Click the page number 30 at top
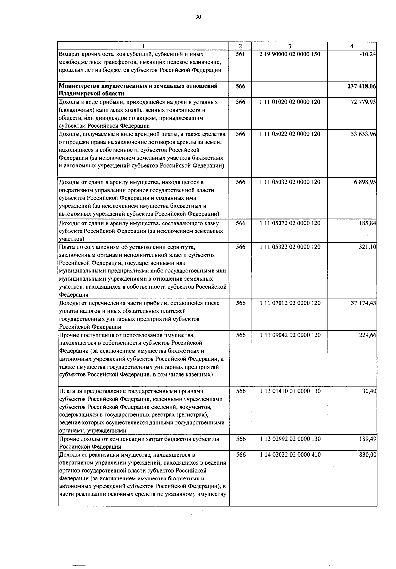coord(198,17)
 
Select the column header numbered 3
coord(289,46)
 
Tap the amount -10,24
coord(369,54)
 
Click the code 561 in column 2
coord(241,54)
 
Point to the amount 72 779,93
coord(363,102)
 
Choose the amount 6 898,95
coord(365,182)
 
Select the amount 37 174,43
coord(363,303)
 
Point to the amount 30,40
coord(369,391)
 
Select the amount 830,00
coord(368,455)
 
